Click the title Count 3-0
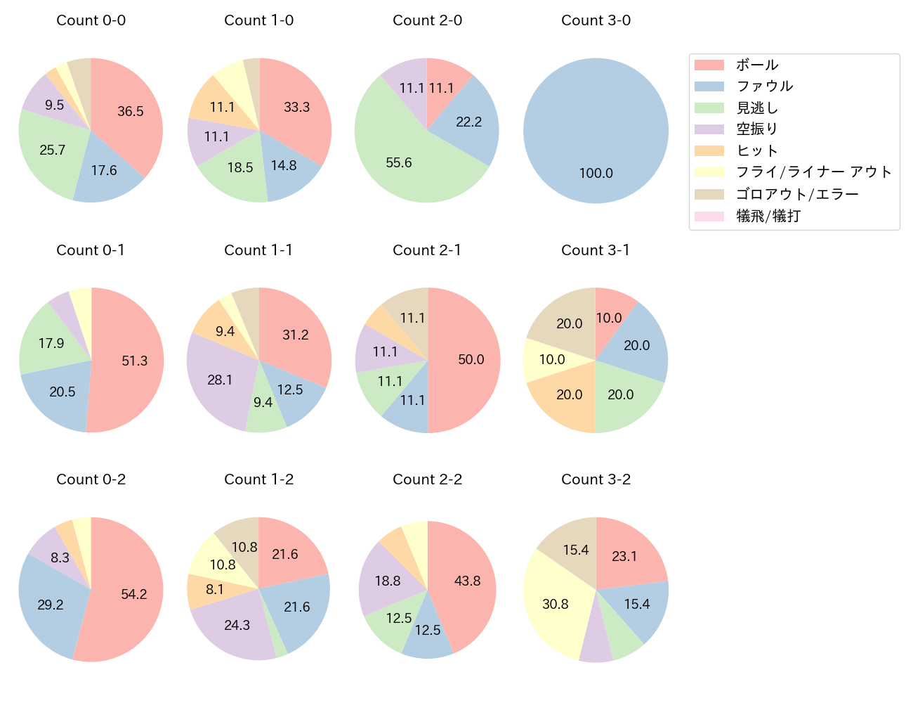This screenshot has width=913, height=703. [596, 20]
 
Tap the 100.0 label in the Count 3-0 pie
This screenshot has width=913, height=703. [596, 173]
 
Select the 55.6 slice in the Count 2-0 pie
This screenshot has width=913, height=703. [399, 162]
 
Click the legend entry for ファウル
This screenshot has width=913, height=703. [764, 86]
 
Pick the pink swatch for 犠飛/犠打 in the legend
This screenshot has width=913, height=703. [709, 216]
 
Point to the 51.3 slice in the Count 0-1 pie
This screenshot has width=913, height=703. [134, 361]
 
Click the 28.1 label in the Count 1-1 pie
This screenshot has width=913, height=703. [220, 380]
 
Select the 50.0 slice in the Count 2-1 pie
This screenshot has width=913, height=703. [471, 360]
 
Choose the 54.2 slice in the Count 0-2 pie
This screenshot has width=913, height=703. [133, 594]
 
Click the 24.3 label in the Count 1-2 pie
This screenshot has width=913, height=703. [237, 625]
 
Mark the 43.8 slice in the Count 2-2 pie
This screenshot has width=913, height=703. [467, 581]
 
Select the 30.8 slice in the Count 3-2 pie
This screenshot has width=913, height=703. [555, 604]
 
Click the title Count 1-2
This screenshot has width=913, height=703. [258, 479]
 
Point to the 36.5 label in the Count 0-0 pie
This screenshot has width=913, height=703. [131, 111]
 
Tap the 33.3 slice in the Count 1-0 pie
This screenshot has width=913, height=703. [296, 107]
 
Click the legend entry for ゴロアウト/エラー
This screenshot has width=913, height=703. [797, 194]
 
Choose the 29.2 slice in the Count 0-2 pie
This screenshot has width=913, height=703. [50, 605]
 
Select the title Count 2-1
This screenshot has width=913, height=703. [427, 250]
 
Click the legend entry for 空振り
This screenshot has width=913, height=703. [756, 129]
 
